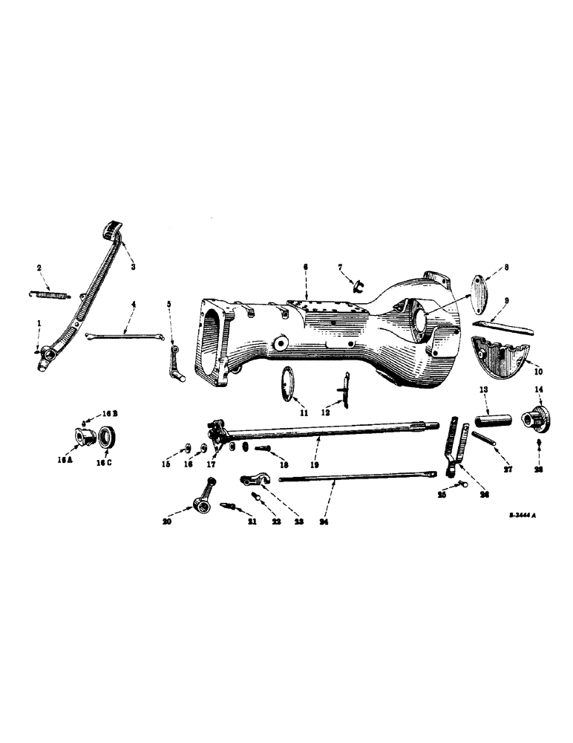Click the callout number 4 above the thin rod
pos(133,303)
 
